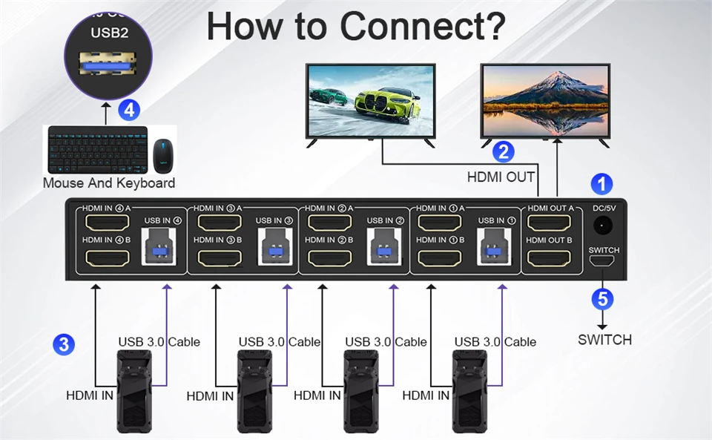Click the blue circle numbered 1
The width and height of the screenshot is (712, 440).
pyautogui.click(x=601, y=184)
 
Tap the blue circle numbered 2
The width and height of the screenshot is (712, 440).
pyautogui.click(x=503, y=151)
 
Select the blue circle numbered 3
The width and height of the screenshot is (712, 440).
pyautogui.click(x=64, y=344)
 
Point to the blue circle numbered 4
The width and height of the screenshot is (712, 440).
pyautogui.click(x=129, y=110)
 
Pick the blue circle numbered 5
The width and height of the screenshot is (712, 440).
pyautogui.click(x=602, y=299)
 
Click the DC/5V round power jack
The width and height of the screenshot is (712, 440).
pyautogui.click(x=602, y=226)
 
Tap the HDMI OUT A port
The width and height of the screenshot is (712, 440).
pyautogui.click(x=549, y=223)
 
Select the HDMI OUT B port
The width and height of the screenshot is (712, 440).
pyautogui.click(x=549, y=258)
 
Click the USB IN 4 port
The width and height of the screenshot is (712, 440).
pyautogui.click(x=159, y=246)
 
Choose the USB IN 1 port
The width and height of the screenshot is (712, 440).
pyautogui.click(x=494, y=246)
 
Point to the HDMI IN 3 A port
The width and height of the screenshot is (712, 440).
pyautogui.click(x=220, y=223)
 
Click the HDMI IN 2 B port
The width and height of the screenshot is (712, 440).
pyautogui.click(x=329, y=258)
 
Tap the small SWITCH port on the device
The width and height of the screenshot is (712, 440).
pyautogui.click(x=601, y=260)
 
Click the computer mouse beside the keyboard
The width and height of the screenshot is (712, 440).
pyautogui.click(x=163, y=156)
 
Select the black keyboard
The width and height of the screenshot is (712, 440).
pyautogui.click(x=98, y=149)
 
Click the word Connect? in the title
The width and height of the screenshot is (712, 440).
pyautogui.click(x=423, y=26)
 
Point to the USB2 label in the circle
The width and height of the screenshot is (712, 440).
pyautogui.click(x=110, y=33)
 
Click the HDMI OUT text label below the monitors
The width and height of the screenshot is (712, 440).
pyautogui.click(x=501, y=177)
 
